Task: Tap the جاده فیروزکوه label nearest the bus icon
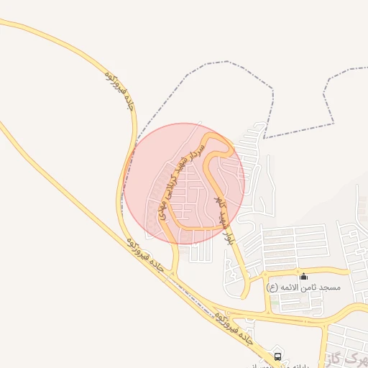click(x=234, y=331)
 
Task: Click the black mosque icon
click(x=303, y=276)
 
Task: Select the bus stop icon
click(x=278, y=356)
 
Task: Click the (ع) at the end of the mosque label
click(x=272, y=287)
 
